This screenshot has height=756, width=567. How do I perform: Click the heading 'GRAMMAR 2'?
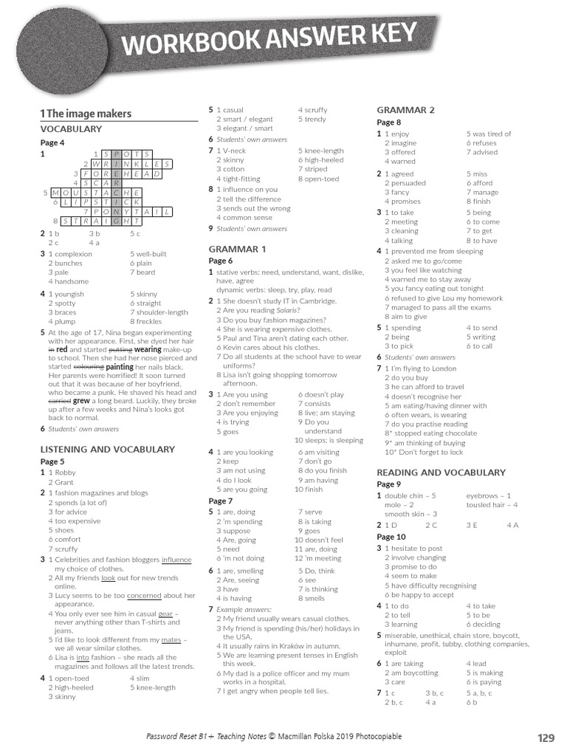(405, 110)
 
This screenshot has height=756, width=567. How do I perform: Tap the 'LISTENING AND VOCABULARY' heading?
(107, 449)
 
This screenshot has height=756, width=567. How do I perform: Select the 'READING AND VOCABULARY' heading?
(441, 472)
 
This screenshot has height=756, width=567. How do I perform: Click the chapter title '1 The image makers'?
(86, 114)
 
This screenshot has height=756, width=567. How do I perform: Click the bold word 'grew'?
(81, 402)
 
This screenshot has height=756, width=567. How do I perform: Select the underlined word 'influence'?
(176, 560)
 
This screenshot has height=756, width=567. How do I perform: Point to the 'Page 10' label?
(391, 537)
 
